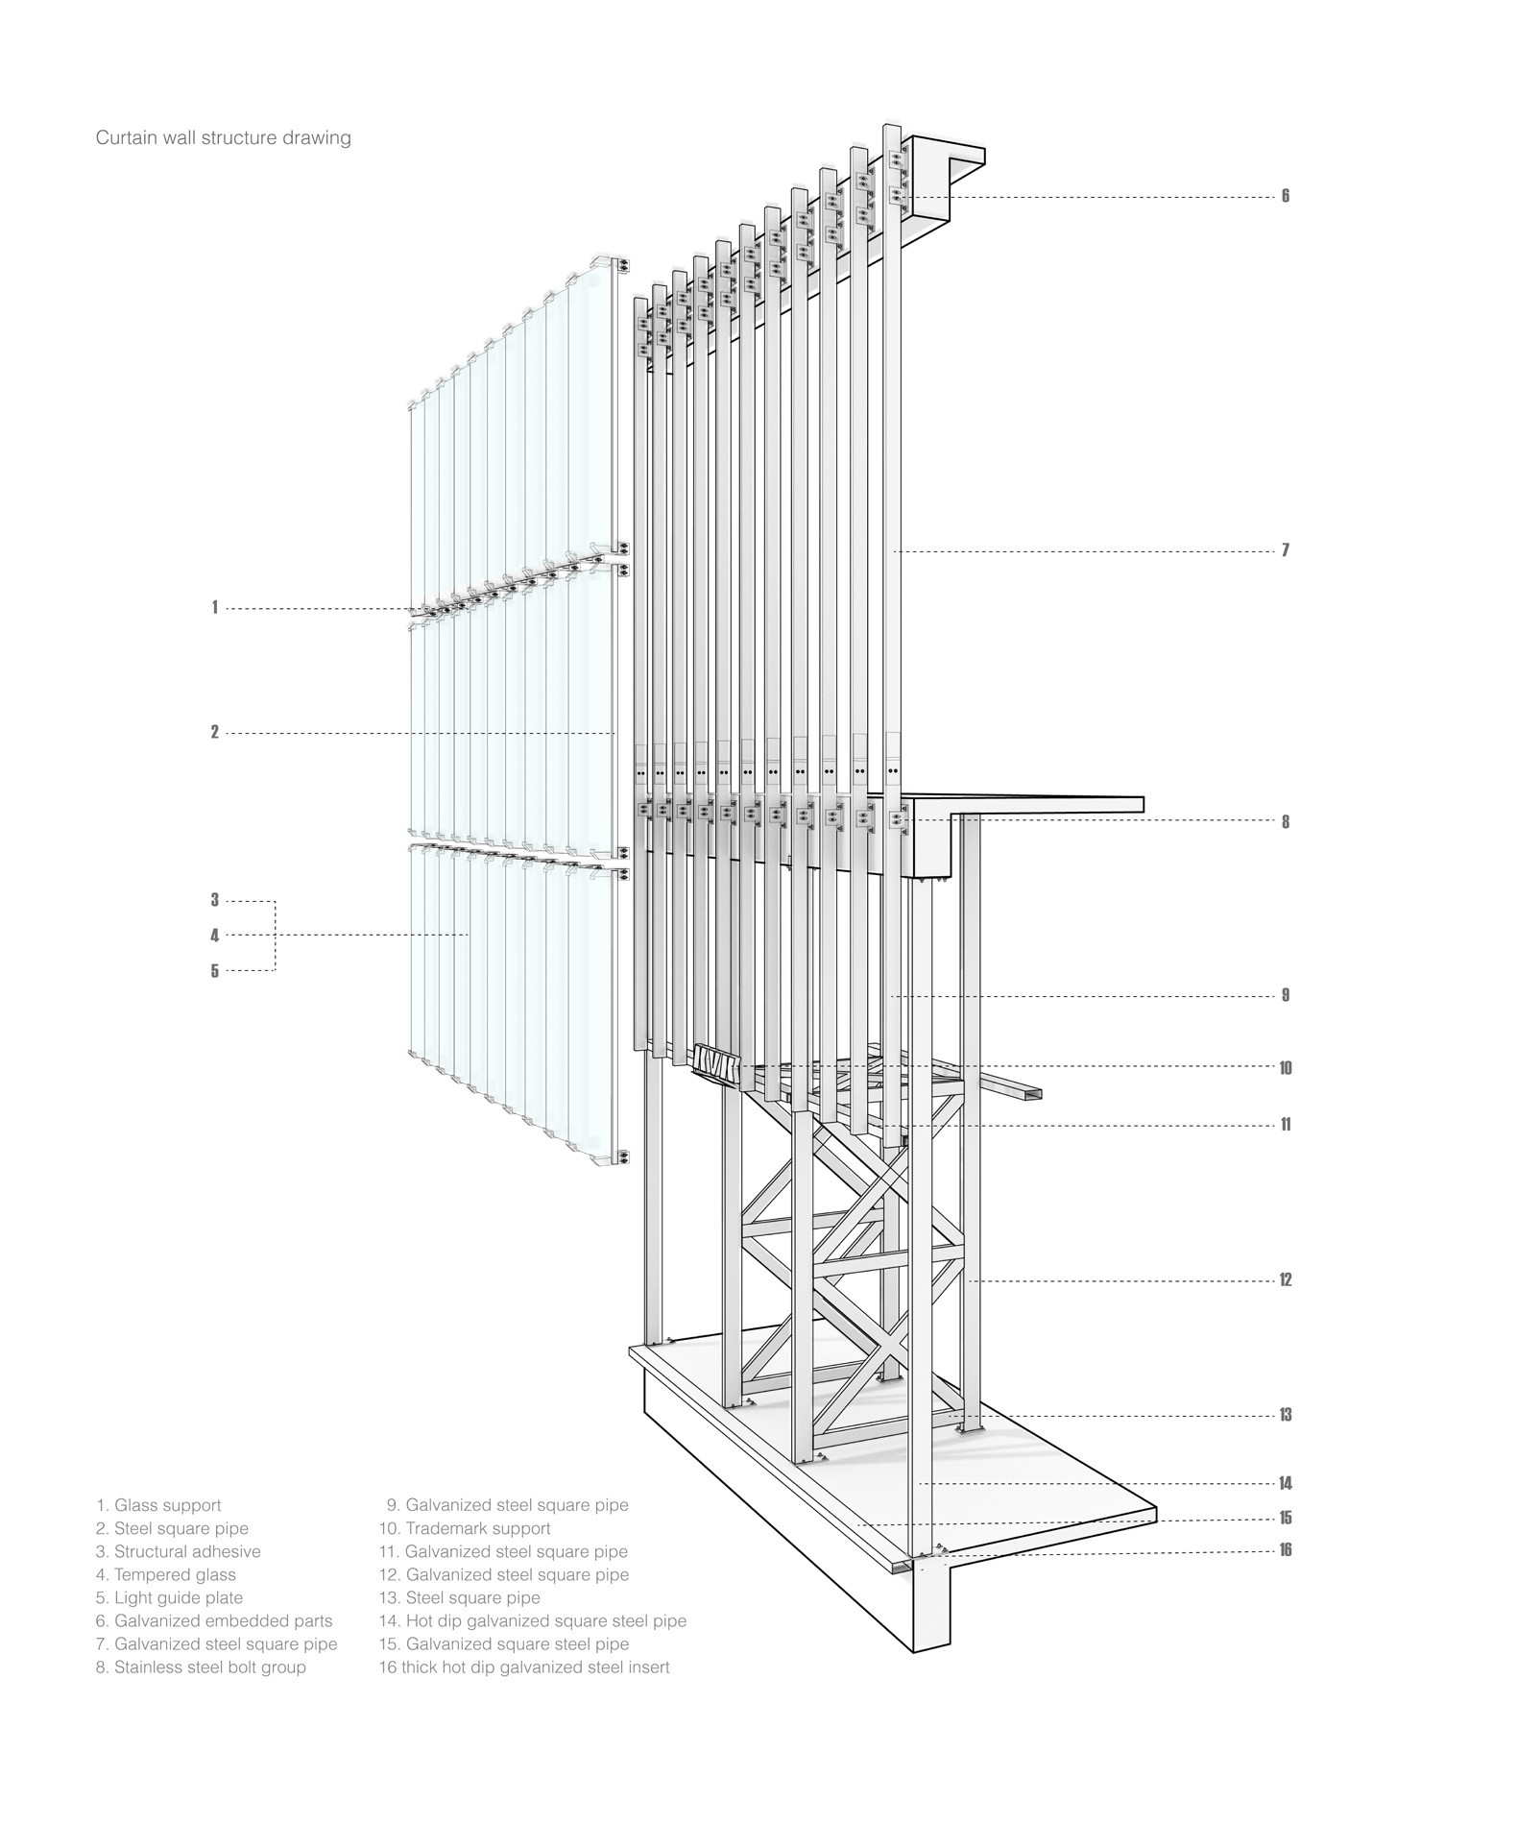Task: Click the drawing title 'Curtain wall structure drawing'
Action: (224, 138)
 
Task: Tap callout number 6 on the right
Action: (1286, 196)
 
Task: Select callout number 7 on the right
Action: (1286, 550)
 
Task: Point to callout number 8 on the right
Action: (1286, 822)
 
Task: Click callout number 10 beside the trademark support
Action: (1286, 1068)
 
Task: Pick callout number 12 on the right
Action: (1286, 1280)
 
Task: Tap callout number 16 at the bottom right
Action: (1286, 1550)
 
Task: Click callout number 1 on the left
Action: (215, 607)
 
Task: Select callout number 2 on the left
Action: (215, 732)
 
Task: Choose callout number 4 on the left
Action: (215, 936)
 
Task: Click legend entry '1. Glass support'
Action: (158, 1505)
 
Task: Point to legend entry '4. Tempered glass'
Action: (166, 1574)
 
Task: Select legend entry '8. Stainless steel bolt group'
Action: (201, 1667)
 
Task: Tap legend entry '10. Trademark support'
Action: (465, 1528)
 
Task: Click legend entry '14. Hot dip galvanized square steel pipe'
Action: (533, 1620)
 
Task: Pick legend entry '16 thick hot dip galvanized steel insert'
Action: (524, 1667)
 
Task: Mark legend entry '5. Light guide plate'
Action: (169, 1597)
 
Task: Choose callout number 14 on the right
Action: (1286, 1484)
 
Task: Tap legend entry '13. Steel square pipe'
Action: (460, 1597)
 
